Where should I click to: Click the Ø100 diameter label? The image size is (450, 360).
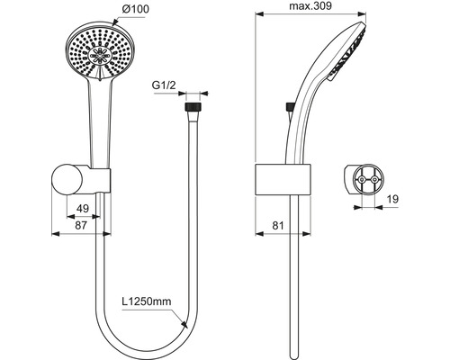(x=135, y=9)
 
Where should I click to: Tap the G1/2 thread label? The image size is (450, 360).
(x=164, y=85)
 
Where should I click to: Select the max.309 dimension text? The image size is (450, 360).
(x=310, y=5)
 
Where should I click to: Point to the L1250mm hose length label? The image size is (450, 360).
(x=147, y=301)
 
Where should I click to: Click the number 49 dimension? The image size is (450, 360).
(x=83, y=208)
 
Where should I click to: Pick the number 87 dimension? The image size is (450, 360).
(x=81, y=225)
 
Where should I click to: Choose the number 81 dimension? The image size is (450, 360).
(x=277, y=225)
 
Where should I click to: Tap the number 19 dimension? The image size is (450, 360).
(x=392, y=199)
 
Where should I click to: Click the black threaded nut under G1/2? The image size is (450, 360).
(x=193, y=107)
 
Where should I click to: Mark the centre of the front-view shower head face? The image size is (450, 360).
(x=100, y=55)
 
